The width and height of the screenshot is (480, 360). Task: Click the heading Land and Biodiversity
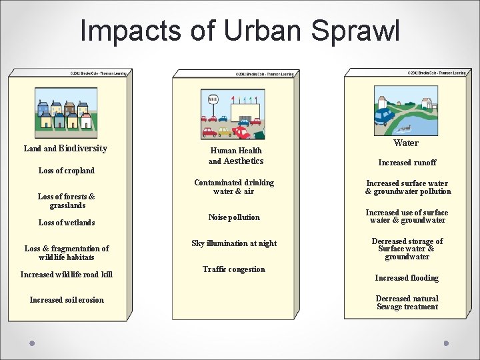(x=65, y=148)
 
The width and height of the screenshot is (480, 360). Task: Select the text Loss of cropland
(x=67, y=171)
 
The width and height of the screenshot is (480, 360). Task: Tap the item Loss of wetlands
(x=67, y=223)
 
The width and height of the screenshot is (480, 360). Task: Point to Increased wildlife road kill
(x=67, y=274)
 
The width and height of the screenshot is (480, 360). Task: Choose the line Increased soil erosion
(x=67, y=300)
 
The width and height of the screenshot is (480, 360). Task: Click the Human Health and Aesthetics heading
(x=235, y=156)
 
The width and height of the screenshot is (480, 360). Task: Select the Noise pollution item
(x=234, y=217)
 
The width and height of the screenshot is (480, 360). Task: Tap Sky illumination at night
(x=234, y=243)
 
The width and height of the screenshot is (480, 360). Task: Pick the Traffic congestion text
(x=234, y=269)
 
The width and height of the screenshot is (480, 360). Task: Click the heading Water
(x=406, y=143)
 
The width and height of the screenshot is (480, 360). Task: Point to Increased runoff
(x=407, y=163)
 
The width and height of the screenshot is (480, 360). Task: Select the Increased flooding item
(x=407, y=278)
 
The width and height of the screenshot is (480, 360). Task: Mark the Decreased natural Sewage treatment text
(x=407, y=303)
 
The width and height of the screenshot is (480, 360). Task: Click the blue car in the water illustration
(x=384, y=117)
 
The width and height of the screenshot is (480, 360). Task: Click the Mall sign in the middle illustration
(x=213, y=99)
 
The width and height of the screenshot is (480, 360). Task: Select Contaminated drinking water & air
(x=234, y=187)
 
